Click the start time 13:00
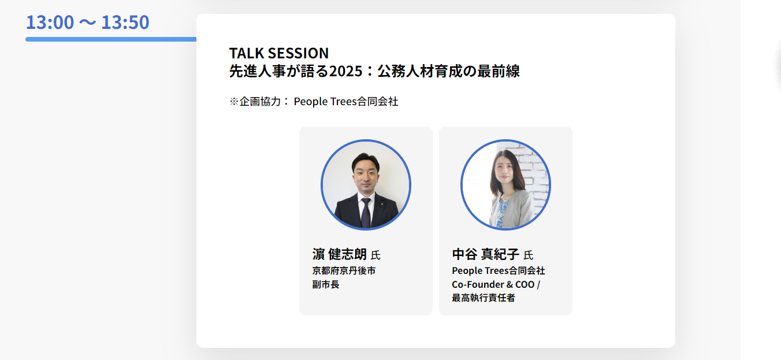click(50, 22)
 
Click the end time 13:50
click(125, 22)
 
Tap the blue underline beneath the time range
click(111, 39)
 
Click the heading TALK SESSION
click(279, 53)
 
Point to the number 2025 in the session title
click(346, 71)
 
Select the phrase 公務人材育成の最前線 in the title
click(448, 71)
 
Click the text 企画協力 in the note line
click(260, 102)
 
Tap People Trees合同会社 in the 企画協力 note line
click(346, 102)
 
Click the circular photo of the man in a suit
click(366, 185)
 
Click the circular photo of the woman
click(505, 185)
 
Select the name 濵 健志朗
click(339, 254)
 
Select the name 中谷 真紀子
click(486, 254)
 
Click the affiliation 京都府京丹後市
click(344, 270)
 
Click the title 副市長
click(326, 284)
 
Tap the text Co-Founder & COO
click(493, 285)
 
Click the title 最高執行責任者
click(484, 298)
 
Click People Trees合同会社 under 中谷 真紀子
click(499, 270)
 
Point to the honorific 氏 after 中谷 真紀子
click(528, 255)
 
